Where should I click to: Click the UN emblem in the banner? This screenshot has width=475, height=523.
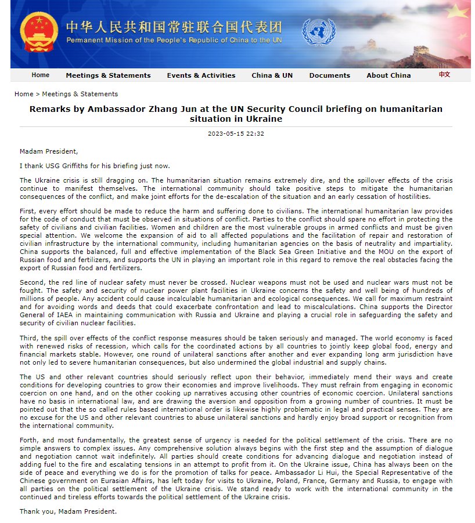pyautogui.click(x=318, y=32)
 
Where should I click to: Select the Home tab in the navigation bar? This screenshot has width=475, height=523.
pyautogui.click(x=41, y=75)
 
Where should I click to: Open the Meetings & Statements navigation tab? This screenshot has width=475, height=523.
pyautogui.click(x=108, y=75)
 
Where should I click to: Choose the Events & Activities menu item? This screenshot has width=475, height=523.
pyautogui.click(x=201, y=75)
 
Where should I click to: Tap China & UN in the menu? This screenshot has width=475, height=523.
pyautogui.click(x=272, y=75)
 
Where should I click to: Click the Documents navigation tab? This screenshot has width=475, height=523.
pyautogui.click(x=329, y=75)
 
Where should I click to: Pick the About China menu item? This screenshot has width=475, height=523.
pyautogui.click(x=388, y=75)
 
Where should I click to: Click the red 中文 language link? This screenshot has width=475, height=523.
pyautogui.click(x=444, y=75)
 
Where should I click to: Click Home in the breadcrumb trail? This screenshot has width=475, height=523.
pyautogui.click(x=24, y=94)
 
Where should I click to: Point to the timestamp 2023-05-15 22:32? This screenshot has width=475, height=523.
pyautogui.click(x=236, y=133)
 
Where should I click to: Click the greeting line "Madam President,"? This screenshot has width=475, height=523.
pyautogui.click(x=48, y=151)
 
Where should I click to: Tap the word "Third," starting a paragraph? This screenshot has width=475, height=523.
pyautogui.click(x=30, y=337)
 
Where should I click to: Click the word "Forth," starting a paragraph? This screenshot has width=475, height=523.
pyautogui.click(x=29, y=440)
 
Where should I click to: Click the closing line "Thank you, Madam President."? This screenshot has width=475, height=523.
pyautogui.click(x=68, y=511)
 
